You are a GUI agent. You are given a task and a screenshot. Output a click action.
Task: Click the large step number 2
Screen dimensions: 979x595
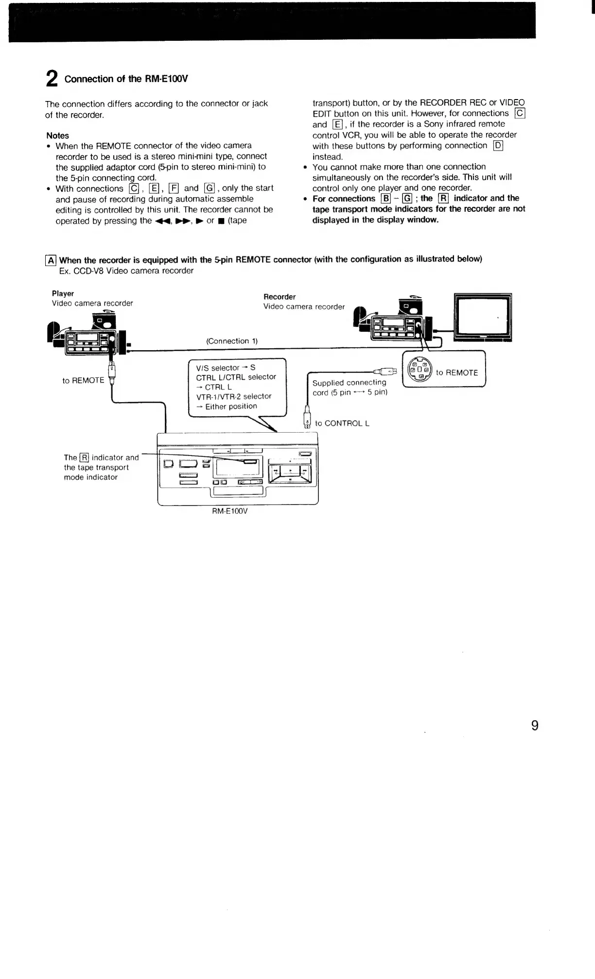(52, 79)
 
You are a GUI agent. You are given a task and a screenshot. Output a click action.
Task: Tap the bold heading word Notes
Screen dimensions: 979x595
(58, 135)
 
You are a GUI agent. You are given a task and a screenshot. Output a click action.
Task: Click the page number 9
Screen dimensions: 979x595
(534, 726)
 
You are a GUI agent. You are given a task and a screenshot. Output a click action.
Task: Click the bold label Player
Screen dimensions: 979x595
(63, 293)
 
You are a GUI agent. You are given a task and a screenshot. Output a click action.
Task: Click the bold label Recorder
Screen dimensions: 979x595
(280, 297)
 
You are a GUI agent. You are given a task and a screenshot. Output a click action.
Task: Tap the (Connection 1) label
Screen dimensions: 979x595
(232, 341)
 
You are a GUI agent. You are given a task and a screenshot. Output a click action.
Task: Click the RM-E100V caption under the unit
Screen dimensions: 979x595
(230, 511)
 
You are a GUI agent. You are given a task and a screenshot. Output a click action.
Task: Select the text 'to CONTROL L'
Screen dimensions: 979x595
(342, 423)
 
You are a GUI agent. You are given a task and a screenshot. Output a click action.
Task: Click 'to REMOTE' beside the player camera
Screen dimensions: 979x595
(83, 380)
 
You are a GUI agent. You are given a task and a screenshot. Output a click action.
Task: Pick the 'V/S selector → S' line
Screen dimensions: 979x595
(226, 368)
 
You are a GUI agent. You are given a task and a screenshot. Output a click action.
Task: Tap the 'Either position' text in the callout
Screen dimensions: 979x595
(231, 406)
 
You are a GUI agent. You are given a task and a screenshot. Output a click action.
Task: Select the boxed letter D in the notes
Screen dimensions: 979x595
(498, 146)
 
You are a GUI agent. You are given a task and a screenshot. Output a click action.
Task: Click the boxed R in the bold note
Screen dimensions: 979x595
(443, 198)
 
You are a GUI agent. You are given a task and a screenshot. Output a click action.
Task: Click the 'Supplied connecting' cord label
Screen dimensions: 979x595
(349, 383)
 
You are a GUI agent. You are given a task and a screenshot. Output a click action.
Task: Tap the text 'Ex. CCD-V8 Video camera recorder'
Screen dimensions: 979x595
(126, 270)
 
